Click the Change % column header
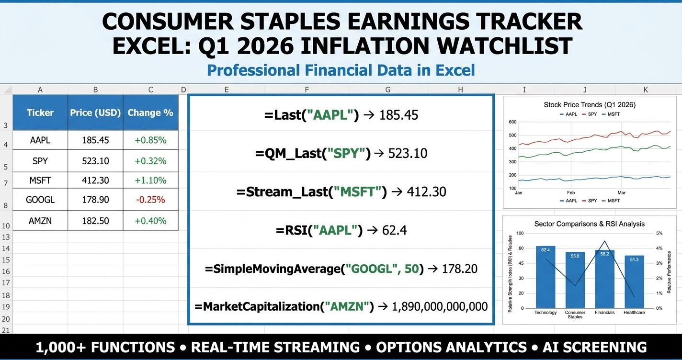[150, 112]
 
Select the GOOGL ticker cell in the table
[40, 200]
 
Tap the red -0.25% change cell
[150, 200]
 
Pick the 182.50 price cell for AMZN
[95, 221]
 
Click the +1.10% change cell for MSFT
[150, 180]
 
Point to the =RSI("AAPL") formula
[318, 230]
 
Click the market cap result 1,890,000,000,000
[440, 306]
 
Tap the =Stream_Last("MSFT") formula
[311, 192]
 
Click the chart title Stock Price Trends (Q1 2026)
[590, 104]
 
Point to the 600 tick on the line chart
[512, 122]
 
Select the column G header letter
[387, 90]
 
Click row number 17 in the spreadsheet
[6, 283]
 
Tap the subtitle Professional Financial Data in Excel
[341, 70]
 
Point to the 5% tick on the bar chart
[659, 234]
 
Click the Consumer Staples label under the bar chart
[575, 315]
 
